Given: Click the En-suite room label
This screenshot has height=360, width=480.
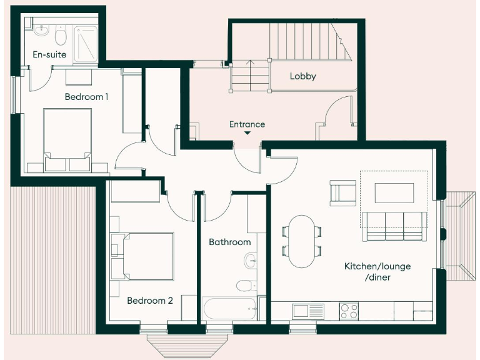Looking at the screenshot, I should click(x=49, y=55).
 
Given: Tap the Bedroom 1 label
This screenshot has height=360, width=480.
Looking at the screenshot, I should click(x=86, y=97).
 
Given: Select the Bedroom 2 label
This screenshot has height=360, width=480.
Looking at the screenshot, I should click(x=149, y=301).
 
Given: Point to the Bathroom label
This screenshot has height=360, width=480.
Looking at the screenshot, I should click(x=229, y=242).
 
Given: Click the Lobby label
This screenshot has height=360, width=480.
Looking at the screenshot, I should click(x=302, y=76).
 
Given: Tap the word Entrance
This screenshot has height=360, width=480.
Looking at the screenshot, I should click(x=247, y=124).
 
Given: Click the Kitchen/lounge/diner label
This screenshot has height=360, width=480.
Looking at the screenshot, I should click(x=377, y=271).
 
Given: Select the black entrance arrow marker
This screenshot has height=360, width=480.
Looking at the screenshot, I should click(x=247, y=133).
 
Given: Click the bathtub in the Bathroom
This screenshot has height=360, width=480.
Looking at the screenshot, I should click(x=230, y=308).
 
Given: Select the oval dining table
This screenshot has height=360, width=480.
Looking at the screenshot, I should click(x=302, y=241).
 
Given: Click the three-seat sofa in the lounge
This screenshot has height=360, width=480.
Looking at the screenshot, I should click(x=394, y=226).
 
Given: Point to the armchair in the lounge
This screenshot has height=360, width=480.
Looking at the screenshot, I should click(x=342, y=192).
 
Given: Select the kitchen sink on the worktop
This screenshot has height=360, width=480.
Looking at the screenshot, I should click(x=306, y=310).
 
